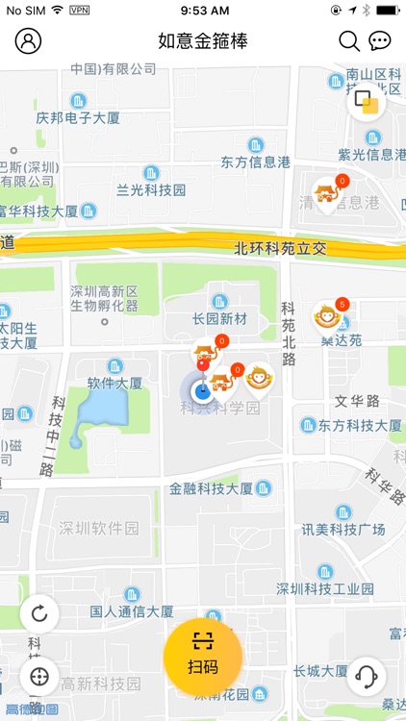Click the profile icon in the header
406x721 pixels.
(x=29, y=40)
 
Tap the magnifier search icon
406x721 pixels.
(x=349, y=40)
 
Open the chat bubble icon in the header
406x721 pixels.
(x=380, y=40)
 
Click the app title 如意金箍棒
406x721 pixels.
(x=203, y=40)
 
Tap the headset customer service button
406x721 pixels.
(x=366, y=676)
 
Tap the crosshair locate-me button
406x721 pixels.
(x=39, y=676)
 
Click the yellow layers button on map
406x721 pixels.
(x=366, y=100)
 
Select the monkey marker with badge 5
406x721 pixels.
(x=328, y=316)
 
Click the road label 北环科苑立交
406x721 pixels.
(x=280, y=248)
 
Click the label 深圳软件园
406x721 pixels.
(x=99, y=528)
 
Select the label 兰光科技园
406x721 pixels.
(x=150, y=189)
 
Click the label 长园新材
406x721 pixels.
(x=219, y=318)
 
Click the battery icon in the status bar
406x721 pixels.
(x=387, y=10)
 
